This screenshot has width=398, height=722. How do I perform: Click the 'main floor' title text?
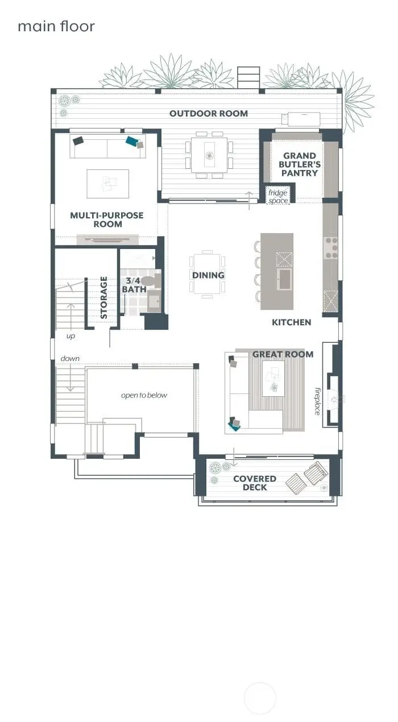point(56,26)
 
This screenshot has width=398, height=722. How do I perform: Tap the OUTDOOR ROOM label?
point(209,113)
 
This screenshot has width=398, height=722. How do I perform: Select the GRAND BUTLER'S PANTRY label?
point(300,164)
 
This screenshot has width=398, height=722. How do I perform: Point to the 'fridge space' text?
point(278,197)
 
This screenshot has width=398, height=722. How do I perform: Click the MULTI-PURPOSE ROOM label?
point(106,219)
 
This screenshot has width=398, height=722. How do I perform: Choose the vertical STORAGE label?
point(104,297)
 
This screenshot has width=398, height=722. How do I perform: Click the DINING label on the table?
point(208,275)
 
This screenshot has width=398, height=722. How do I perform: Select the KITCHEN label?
point(291,322)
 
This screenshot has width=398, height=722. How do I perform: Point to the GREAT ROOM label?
point(283,354)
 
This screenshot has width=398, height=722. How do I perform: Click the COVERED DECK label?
point(254,483)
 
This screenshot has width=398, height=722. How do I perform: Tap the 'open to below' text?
point(144,395)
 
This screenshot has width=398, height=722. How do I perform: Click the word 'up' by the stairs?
point(71,336)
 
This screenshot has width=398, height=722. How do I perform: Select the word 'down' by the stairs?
point(70,359)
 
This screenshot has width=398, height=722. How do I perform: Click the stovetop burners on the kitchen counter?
point(330,248)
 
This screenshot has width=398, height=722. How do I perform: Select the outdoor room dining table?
point(209,155)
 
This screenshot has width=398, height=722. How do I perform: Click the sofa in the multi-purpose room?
point(107,147)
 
